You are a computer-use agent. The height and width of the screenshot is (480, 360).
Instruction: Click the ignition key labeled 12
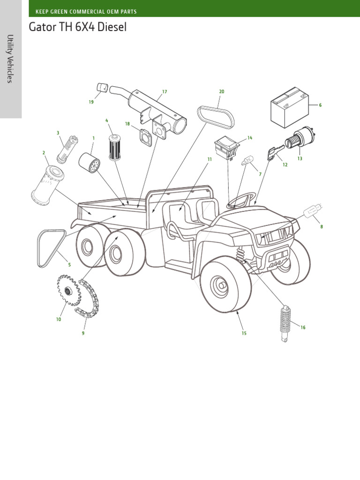(x=272, y=153)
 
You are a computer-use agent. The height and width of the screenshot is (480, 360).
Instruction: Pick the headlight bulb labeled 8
(x=312, y=213)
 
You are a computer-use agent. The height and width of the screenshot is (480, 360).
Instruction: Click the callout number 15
(x=244, y=333)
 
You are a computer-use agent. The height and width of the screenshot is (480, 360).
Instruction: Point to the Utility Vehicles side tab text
(x=11, y=59)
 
